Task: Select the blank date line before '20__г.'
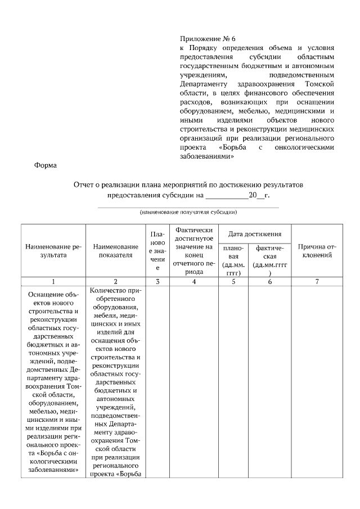227,196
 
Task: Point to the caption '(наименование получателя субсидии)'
188,212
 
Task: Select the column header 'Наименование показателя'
116,251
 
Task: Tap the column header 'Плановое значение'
157,251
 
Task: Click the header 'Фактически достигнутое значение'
193,251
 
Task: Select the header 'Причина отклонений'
317,251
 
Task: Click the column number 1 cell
53,282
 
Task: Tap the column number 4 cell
193,282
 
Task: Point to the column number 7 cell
317,282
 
